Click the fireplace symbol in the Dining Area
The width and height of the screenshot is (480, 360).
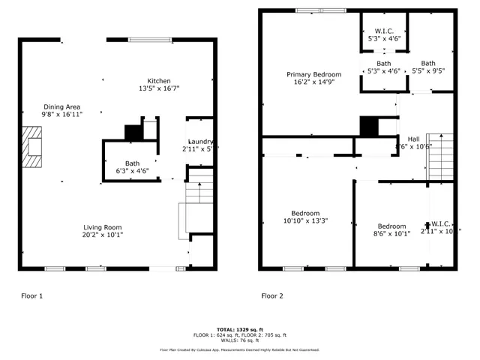33,145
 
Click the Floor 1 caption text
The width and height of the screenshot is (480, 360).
31,296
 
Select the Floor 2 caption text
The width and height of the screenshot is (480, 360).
271,296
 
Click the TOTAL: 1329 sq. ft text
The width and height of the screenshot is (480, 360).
240,329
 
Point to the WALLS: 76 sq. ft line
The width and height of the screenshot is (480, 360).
240,340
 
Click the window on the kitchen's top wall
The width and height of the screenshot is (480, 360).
148,40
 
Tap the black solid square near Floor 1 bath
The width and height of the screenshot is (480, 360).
133,132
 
